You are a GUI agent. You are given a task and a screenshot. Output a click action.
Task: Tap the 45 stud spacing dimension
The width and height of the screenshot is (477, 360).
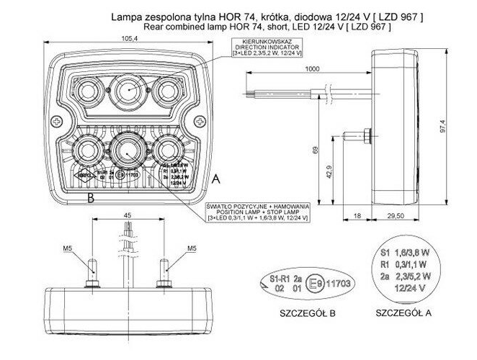(x=126, y=215)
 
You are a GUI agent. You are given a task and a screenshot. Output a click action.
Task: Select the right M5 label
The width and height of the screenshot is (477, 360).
(x=192, y=249)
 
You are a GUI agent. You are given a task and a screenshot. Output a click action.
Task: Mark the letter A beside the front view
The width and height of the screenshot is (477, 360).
(x=216, y=177)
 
